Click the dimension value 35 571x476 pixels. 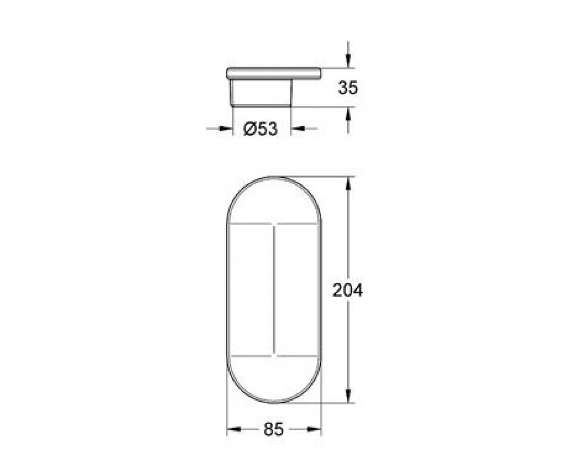(347, 88)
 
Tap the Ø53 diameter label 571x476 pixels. (260, 129)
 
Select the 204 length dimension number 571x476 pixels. (347, 290)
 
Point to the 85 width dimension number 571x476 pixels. (274, 429)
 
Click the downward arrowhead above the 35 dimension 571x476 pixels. (348, 61)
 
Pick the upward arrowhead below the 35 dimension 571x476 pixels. (348, 113)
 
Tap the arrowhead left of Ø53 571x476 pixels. (226, 129)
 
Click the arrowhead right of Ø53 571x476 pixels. (297, 129)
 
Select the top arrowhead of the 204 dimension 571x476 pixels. (348, 184)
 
